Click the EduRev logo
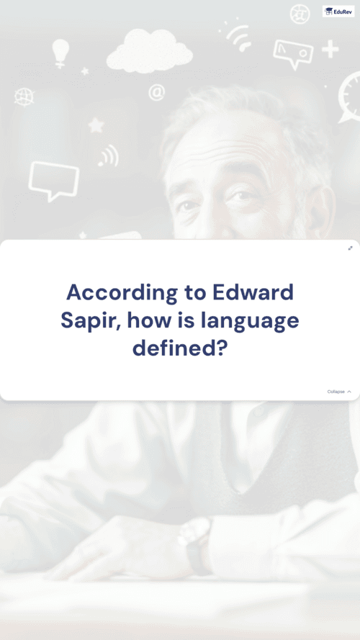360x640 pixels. click(x=338, y=12)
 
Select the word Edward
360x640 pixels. click(x=253, y=292)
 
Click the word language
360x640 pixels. click(x=250, y=322)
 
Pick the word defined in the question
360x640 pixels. click(x=179, y=348)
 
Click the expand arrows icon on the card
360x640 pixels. click(x=350, y=248)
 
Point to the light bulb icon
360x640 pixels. click(x=60, y=53)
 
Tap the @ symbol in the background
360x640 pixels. click(x=157, y=92)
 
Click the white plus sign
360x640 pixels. click(x=330, y=50)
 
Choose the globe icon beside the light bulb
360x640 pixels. click(x=23, y=97)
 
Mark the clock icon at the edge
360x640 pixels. click(x=350, y=98)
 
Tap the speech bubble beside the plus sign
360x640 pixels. click(x=293, y=53)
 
